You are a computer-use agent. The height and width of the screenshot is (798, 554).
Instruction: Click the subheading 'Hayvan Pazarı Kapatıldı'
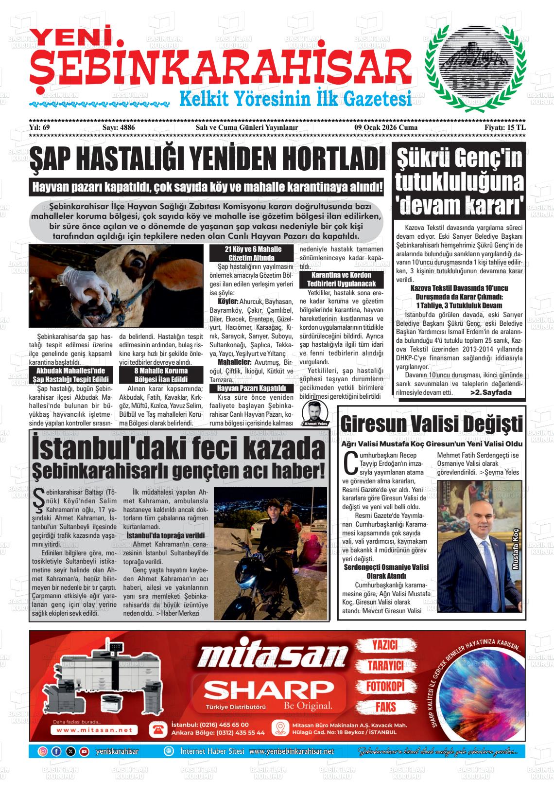pyautogui.click(x=251, y=389)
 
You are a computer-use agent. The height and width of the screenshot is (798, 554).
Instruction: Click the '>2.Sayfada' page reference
pyautogui.click(x=491, y=392)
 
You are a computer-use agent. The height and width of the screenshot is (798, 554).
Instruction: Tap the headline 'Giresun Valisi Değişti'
pyautogui.click(x=432, y=424)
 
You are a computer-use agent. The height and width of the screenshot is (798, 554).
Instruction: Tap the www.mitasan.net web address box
pyautogui.click(x=94, y=730)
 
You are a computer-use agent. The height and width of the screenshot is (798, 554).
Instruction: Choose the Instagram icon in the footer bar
pyautogui.click(x=43, y=751)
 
